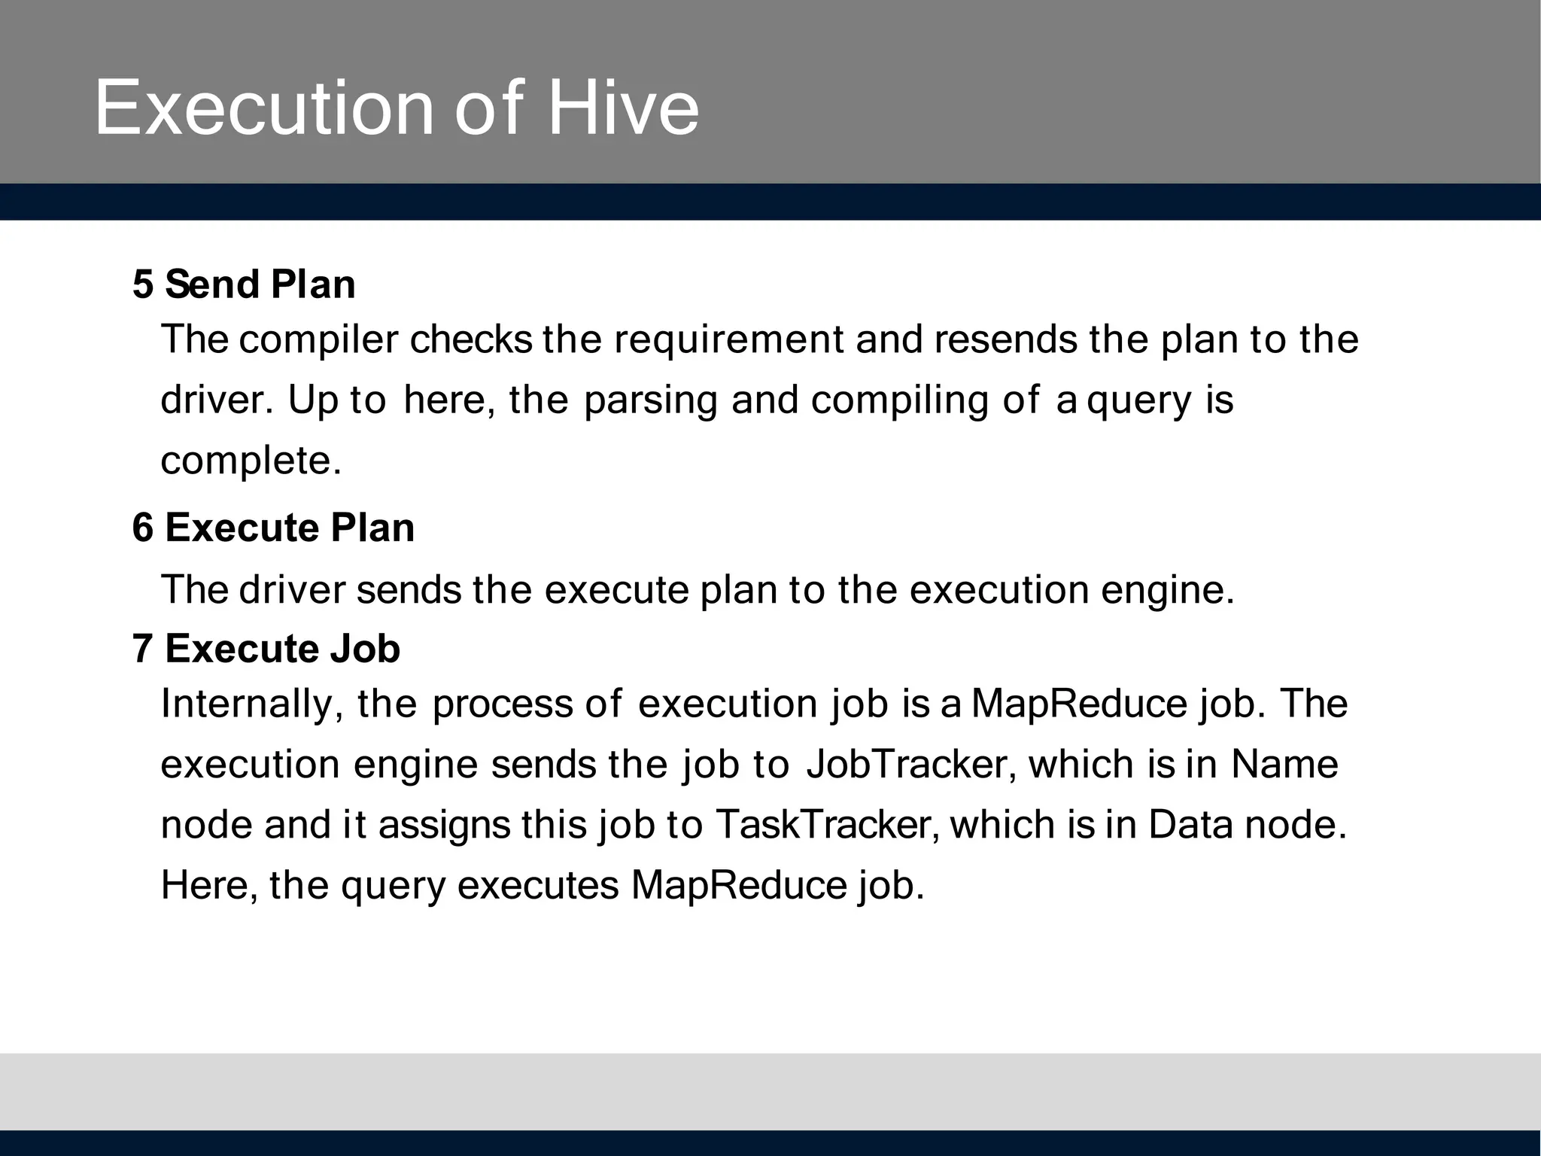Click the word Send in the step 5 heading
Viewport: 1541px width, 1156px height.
(x=212, y=284)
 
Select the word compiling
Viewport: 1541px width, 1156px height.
(x=899, y=401)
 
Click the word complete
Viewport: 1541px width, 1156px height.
(x=251, y=461)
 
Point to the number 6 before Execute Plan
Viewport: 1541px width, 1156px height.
(x=143, y=528)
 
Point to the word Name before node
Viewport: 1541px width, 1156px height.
(x=1285, y=765)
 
